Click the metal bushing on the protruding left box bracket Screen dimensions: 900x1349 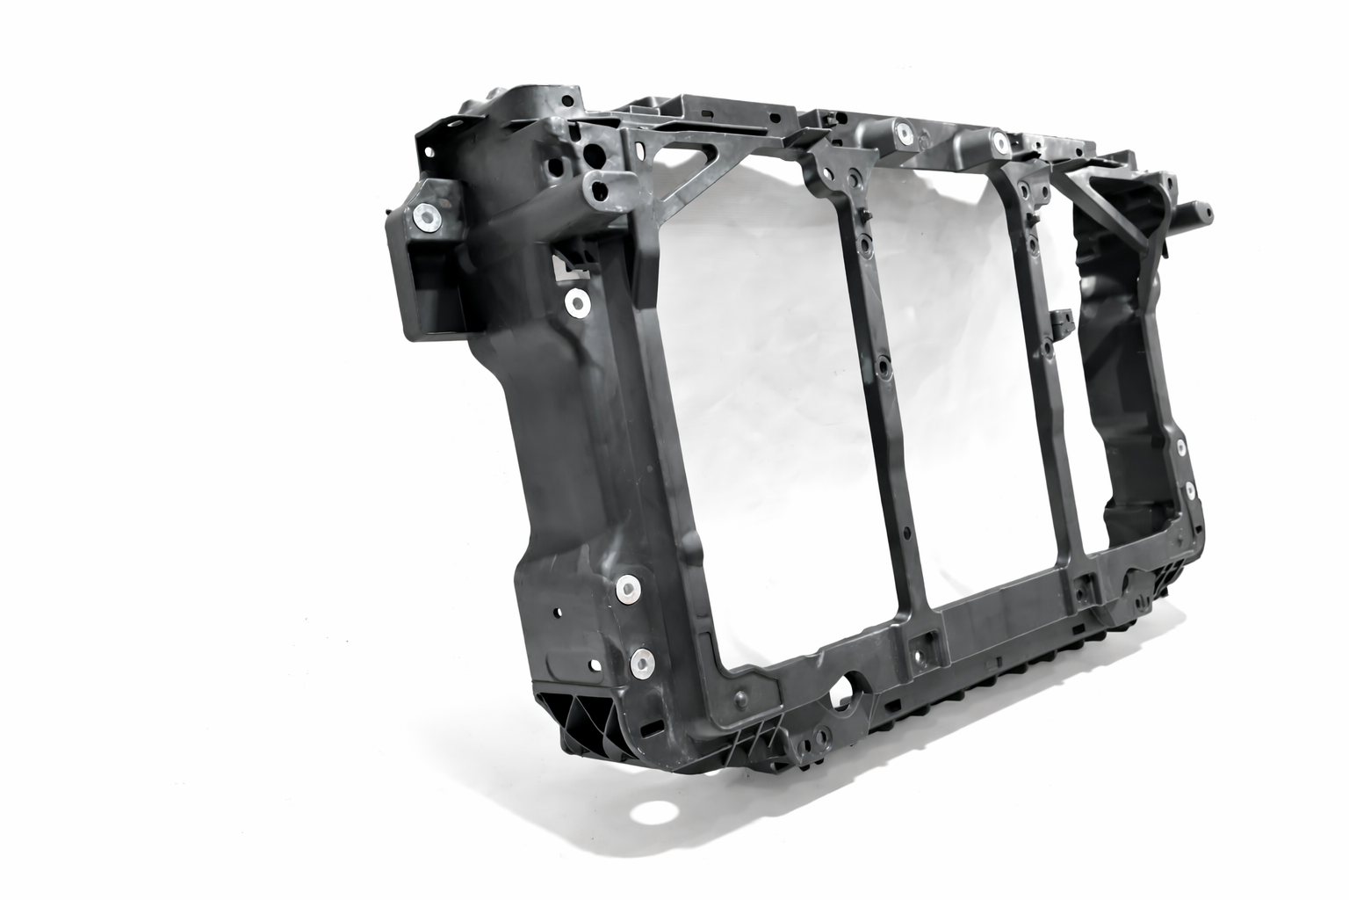(x=428, y=218)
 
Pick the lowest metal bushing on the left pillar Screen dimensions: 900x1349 (x=642, y=664)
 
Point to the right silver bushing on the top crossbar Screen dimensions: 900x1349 (x=999, y=141)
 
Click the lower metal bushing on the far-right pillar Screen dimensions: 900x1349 (x=1190, y=490)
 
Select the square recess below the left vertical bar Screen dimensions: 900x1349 (x=922, y=651)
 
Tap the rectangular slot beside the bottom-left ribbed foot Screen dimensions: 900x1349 (x=652, y=729)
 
